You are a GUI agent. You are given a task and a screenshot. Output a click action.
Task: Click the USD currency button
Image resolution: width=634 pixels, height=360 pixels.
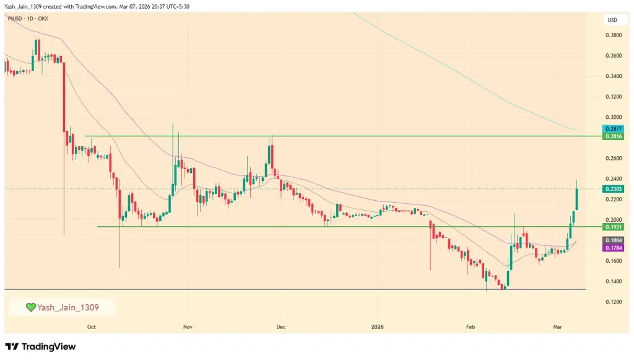click(612, 20)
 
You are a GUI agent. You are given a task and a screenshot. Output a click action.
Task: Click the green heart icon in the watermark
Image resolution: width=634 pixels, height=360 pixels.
click(30, 307)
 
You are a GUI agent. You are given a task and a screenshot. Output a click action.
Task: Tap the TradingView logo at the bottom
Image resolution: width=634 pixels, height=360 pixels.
click(41, 347)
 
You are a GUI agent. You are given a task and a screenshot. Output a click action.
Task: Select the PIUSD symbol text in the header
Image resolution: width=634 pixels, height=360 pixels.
click(14, 19)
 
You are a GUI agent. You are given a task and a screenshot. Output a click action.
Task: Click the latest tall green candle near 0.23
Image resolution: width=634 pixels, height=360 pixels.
click(576, 199)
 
